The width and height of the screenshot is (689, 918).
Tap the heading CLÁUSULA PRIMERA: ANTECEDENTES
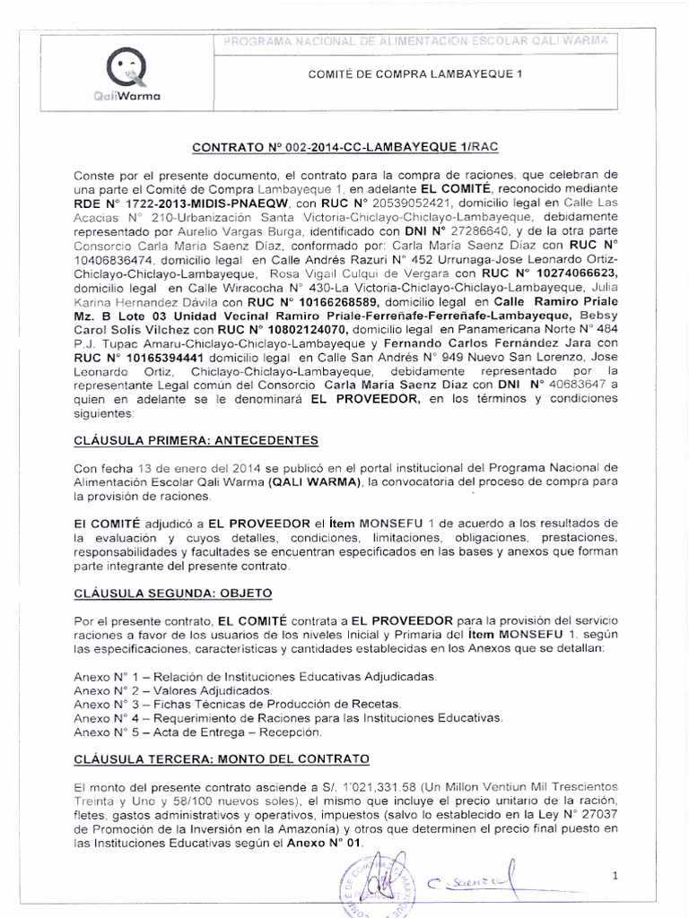(196, 441)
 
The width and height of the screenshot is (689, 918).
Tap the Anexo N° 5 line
(197, 732)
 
